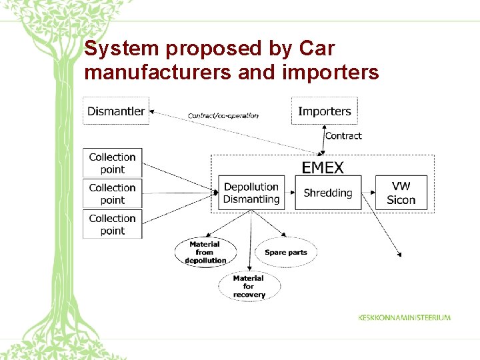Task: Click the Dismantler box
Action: point(116,111)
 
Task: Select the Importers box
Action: point(325,111)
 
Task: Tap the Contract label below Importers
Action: point(343,136)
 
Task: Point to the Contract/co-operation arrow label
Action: point(223,115)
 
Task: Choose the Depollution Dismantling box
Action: point(251,193)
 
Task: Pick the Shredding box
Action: point(328,193)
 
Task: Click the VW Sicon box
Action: point(401,193)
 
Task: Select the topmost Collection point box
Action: point(112,163)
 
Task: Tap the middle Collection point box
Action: point(112,193)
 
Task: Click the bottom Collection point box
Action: point(112,224)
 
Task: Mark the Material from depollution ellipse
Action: point(205,252)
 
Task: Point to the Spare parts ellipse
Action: point(286,252)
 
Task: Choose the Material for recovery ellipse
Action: point(249,286)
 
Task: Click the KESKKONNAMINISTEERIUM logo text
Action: point(404,317)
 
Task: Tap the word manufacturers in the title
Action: point(158,72)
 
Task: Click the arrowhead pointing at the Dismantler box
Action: point(153,111)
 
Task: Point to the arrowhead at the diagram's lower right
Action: point(399,254)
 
